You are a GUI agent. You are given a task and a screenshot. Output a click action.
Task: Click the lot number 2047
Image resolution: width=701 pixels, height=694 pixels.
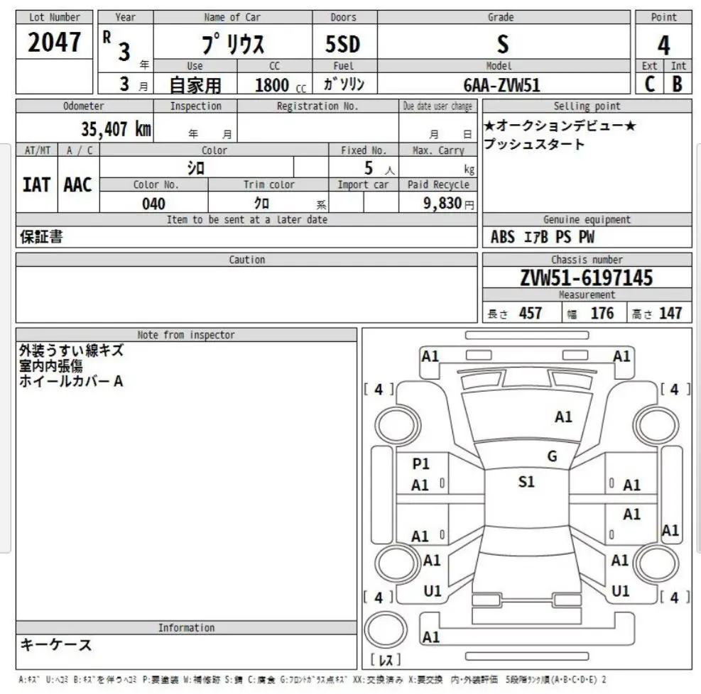pos(54,43)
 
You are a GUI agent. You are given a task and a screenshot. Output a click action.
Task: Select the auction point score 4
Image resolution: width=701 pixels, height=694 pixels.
pos(663,45)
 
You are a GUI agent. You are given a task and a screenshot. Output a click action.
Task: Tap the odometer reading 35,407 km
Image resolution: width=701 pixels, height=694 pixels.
pos(116,129)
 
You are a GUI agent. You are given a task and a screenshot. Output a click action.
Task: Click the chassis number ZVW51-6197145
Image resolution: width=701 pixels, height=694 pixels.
pos(587,277)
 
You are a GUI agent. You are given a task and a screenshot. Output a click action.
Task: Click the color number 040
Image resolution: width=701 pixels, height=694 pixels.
pos(153,204)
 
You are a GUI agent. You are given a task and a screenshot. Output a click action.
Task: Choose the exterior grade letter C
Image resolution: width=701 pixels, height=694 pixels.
pos(649,84)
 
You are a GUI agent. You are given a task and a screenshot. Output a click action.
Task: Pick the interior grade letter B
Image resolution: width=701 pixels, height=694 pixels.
pos(678,84)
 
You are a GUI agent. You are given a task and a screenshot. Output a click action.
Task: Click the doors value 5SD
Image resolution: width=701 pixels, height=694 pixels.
pos(343,45)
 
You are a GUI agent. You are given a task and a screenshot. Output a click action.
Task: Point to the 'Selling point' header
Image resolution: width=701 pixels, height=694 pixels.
pos(587,106)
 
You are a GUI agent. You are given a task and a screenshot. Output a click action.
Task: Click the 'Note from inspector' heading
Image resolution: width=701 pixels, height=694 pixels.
pos(186,335)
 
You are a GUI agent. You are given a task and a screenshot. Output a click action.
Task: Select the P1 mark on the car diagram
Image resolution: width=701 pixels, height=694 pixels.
pos(421,463)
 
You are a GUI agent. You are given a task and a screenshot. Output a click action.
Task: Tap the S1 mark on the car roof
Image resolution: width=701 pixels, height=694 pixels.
pos(526,482)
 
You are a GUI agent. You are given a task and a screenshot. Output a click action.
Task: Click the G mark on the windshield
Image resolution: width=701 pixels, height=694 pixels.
pos(552,456)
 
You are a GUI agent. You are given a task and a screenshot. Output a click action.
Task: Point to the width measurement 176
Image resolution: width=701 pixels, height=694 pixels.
pos(602,313)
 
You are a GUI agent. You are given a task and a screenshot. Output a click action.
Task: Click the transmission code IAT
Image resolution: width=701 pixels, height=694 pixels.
pos(36,184)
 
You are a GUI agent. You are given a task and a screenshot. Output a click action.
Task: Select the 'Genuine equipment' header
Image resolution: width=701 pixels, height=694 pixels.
pos(587,220)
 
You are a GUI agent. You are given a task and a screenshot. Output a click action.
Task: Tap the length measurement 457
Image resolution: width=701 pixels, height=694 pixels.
pos(530,313)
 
